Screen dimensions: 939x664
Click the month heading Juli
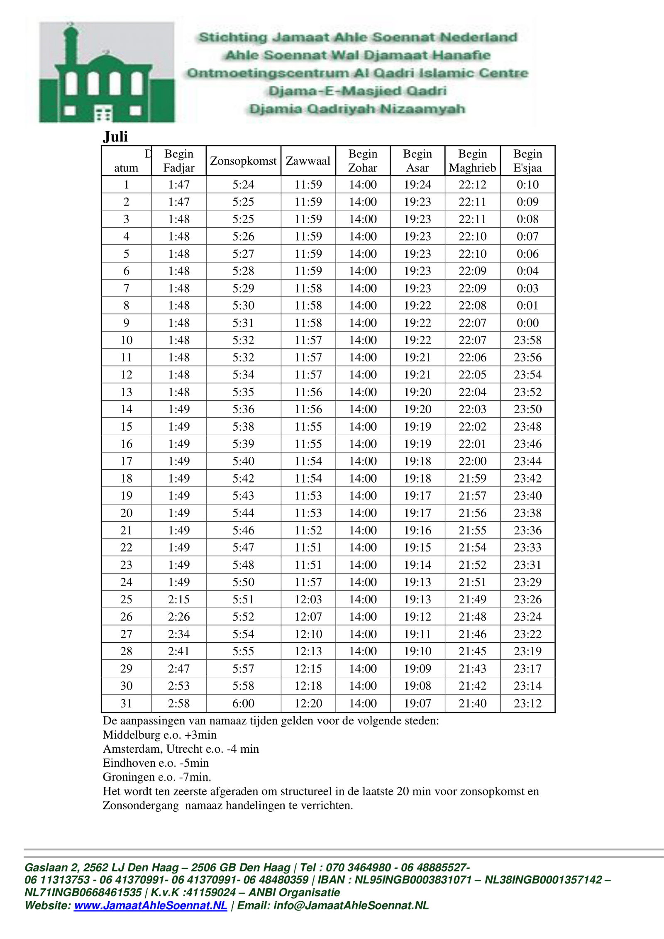point(115,137)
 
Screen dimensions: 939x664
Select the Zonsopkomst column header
point(243,161)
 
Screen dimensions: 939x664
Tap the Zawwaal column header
point(308,161)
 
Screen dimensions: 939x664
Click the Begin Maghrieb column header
point(472,161)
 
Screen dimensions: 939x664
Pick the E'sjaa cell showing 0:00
point(527,323)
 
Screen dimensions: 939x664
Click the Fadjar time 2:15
point(179,599)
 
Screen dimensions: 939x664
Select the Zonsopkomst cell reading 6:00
point(243,703)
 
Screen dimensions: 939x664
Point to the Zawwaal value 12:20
point(308,703)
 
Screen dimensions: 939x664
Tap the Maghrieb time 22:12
point(472,185)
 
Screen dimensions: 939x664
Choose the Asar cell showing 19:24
point(417,185)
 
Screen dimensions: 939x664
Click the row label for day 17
point(126,461)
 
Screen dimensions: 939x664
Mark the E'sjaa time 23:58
point(527,340)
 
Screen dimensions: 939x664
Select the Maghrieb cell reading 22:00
point(472,461)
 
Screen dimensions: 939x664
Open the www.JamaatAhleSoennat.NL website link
point(150,905)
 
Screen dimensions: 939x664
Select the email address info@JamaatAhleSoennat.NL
point(351,905)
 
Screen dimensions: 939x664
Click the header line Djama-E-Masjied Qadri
point(357,91)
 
